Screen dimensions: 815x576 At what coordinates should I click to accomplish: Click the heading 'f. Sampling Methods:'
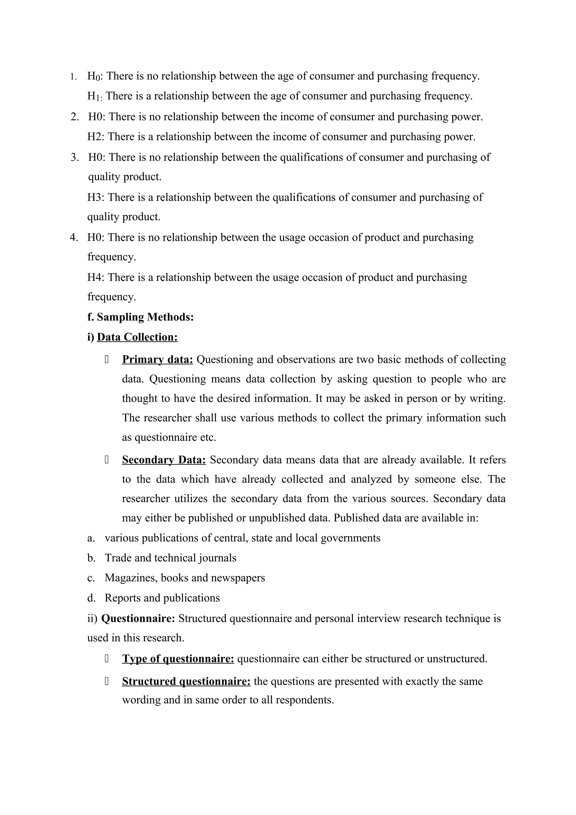tap(141, 317)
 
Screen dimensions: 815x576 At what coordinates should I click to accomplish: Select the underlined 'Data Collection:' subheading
tap(137, 337)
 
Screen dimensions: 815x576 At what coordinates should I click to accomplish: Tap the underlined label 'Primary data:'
tap(157, 360)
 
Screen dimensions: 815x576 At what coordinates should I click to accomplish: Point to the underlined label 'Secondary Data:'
tap(164, 460)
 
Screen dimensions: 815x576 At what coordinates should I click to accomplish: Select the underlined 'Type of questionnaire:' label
tap(178, 659)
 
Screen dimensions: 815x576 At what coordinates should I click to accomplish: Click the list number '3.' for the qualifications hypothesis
tap(75, 157)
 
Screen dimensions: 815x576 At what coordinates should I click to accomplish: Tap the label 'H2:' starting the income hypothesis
tap(95, 137)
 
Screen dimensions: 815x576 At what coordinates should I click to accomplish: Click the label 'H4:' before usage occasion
tap(95, 277)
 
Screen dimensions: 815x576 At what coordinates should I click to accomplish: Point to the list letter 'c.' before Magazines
tap(91, 578)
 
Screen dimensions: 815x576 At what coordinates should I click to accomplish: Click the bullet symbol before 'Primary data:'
tap(107, 360)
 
